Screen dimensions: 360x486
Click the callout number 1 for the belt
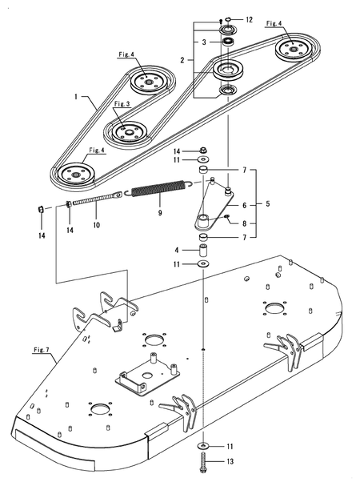[x=76, y=97]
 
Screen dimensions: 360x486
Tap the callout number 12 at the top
[x=249, y=20]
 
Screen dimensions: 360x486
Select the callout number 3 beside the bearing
[x=204, y=42]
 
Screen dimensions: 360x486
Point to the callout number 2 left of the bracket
[x=182, y=60]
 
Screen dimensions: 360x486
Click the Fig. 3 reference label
[x=122, y=104]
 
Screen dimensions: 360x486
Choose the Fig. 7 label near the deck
[x=42, y=350]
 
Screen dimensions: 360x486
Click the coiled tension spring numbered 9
[x=158, y=188]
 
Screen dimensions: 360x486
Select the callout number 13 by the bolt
[x=230, y=461]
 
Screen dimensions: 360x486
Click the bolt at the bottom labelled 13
[x=203, y=462]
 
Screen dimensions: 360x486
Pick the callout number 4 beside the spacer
[x=177, y=250]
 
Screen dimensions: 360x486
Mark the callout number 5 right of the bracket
[x=268, y=203]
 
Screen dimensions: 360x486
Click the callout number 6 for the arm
[x=245, y=206]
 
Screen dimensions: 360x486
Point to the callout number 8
[x=245, y=223]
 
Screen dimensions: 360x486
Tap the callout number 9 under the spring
[x=160, y=213]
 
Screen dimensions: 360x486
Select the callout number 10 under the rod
[x=97, y=225]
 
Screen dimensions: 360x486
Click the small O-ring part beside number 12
[x=228, y=19]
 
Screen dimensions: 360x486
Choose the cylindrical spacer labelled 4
[x=203, y=250]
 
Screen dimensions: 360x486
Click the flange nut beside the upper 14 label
[x=203, y=151]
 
